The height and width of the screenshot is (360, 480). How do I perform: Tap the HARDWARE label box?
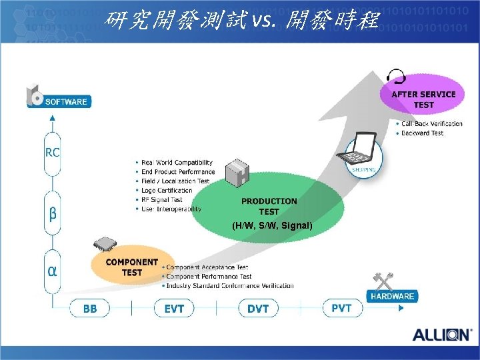(392, 296)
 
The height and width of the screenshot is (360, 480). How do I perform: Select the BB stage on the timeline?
(89, 309)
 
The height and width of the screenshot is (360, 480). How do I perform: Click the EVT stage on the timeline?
(173, 309)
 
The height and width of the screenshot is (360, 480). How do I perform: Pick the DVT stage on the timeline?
(257, 309)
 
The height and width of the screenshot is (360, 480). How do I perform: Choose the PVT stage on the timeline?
(342, 308)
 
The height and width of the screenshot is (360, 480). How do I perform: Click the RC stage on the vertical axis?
(52, 152)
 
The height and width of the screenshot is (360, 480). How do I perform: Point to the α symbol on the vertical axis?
(52, 272)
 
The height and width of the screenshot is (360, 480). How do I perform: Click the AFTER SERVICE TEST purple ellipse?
(423, 99)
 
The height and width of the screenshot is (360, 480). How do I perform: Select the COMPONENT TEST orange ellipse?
(131, 267)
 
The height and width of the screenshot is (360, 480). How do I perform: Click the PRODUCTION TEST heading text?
(269, 206)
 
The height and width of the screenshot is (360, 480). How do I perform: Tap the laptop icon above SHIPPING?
(359, 151)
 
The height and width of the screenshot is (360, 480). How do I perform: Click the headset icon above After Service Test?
(397, 75)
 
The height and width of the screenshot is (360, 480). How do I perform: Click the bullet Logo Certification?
(167, 190)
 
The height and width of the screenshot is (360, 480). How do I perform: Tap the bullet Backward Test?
(422, 133)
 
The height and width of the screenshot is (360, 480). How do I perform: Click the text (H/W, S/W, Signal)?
(272, 225)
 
